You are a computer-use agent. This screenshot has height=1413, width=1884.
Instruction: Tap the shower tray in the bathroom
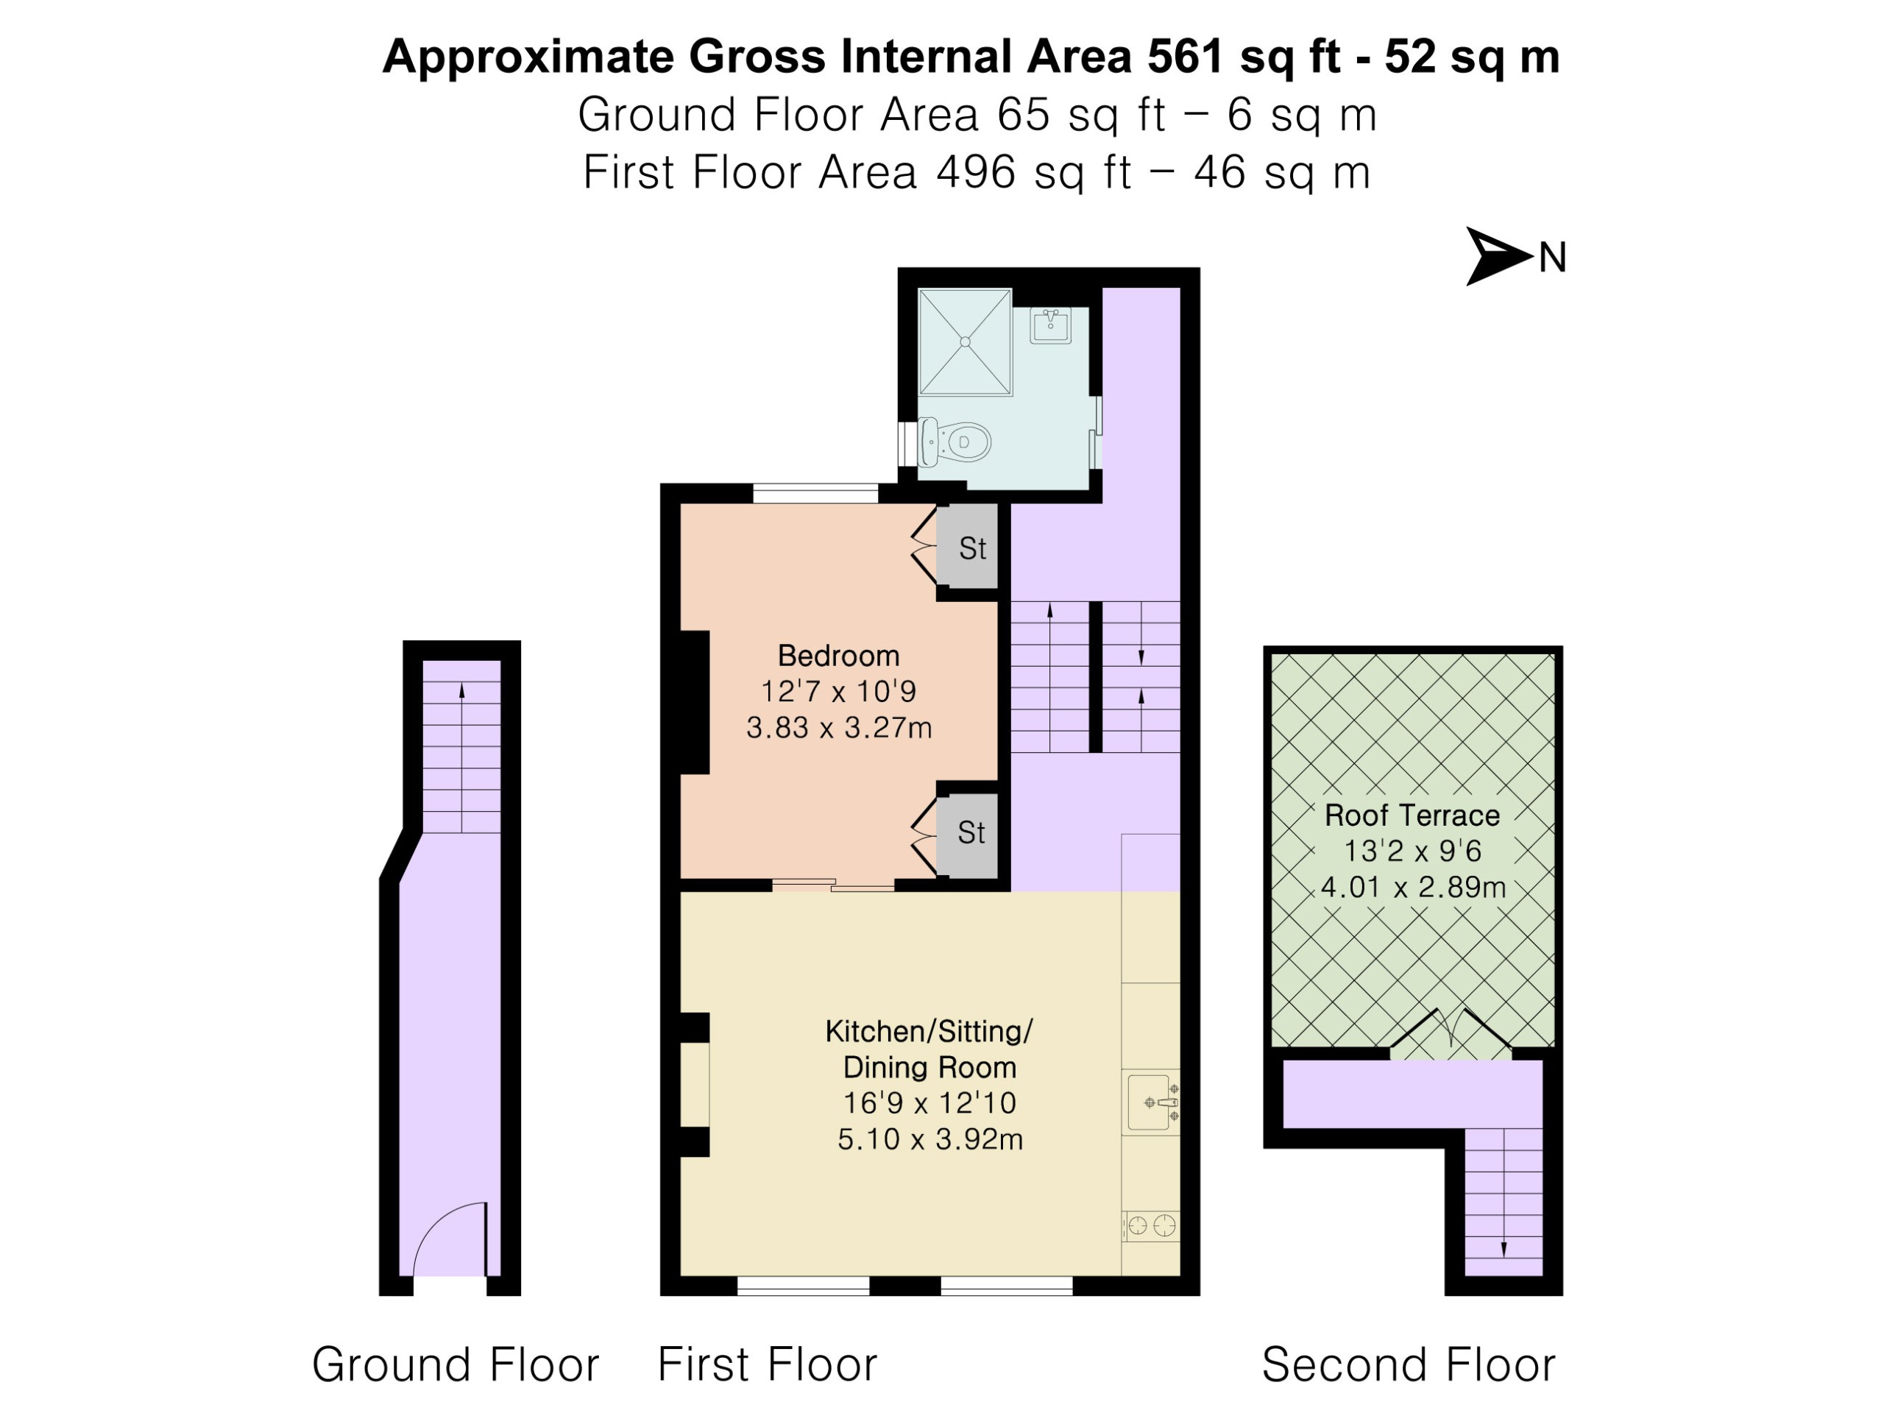[x=965, y=341]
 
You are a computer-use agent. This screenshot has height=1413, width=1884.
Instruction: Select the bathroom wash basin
[x=1051, y=325]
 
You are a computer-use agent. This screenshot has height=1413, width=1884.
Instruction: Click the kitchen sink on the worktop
[x=1152, y=1102]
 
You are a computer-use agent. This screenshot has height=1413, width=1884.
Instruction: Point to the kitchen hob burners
[x=1151, y=1227]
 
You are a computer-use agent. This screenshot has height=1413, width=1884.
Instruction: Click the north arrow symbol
[x=1496, y=255]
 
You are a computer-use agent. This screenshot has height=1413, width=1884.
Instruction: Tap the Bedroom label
[x=838, y=656]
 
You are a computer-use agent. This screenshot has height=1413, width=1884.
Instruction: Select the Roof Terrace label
[x=1412, y=815]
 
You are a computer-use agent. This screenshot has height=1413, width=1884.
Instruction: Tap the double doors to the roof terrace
[x=1451, y=1033]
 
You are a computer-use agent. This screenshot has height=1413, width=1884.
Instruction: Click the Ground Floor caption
[x=456, y=1364]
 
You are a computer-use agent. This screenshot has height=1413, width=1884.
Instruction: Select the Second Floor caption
[x=1409, y=1364]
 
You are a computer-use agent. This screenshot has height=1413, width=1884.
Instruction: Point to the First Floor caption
[x=768, y=1364]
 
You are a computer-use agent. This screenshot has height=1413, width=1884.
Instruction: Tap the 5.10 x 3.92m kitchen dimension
[x=930, y=1138]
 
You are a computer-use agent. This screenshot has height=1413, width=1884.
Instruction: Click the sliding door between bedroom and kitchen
[x=833, y=885]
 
